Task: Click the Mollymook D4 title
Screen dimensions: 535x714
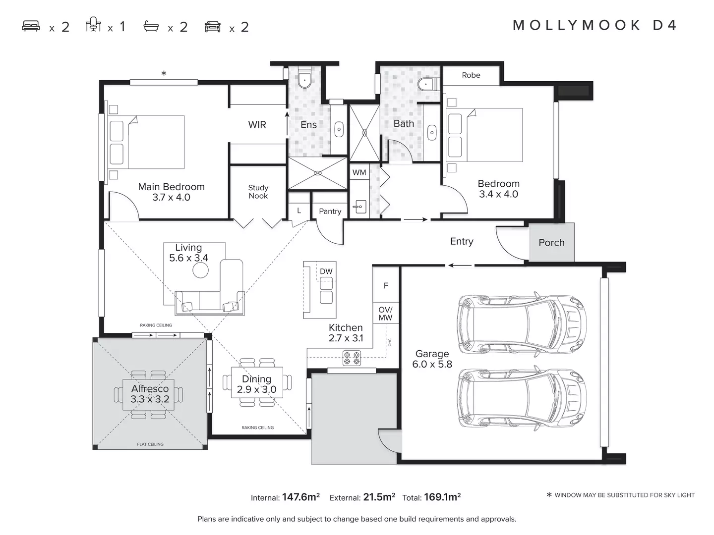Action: point(595,25)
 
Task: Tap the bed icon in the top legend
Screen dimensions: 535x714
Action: point(31,26)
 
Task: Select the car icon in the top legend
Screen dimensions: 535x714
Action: point(213,27)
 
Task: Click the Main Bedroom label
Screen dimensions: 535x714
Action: point(171,187)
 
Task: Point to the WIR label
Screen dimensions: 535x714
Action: point(257,125)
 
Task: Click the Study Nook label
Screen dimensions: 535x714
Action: point(258,192)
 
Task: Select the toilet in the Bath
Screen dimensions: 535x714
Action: point(426,85)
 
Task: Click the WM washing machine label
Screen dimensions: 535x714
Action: point(359,172)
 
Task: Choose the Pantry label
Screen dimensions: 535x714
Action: point(330,211)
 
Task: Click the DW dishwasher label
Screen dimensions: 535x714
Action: point(326,271)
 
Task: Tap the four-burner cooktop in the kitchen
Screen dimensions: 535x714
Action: point(352,358)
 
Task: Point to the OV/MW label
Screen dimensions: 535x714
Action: point(385,314)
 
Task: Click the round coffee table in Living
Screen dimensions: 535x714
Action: point(200,270)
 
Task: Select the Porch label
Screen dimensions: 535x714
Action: point(551,243)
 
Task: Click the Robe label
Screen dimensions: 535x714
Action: point(471,75)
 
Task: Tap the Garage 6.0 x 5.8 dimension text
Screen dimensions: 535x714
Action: point(432,365)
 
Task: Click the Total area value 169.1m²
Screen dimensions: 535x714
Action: point(442,497)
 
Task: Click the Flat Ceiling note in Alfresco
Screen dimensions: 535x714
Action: point(150,444)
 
